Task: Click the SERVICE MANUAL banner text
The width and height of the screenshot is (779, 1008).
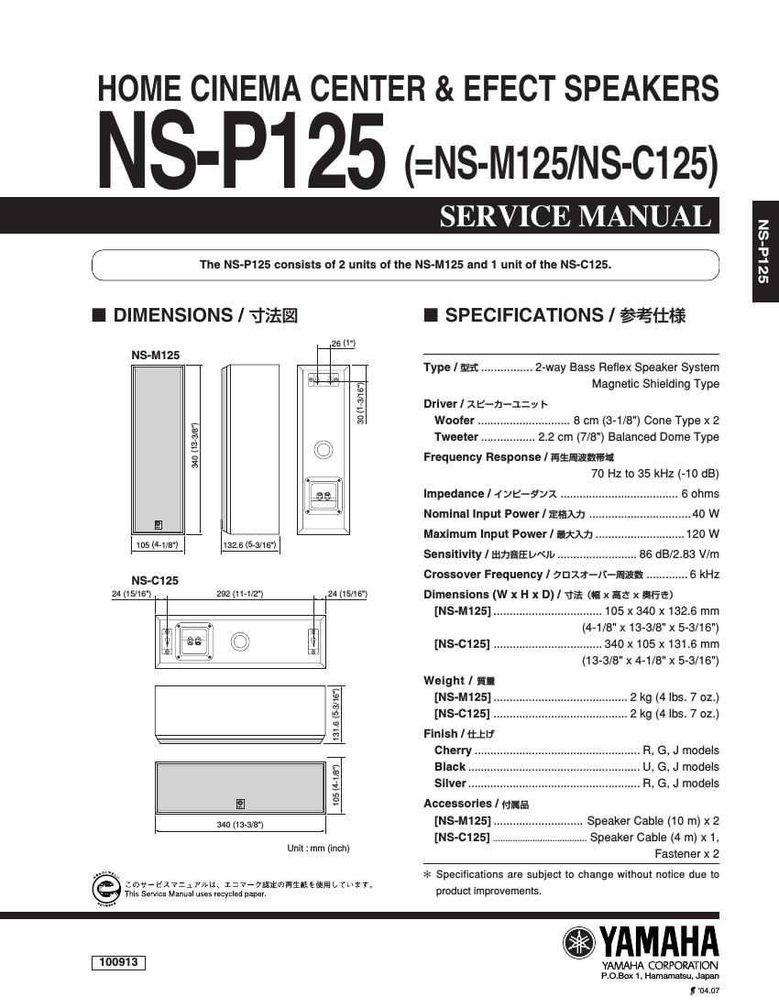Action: [x=575, y=216]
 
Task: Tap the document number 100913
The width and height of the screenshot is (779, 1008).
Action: [x=118, y=962]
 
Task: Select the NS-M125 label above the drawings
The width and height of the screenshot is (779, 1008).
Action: [x=155, y=355]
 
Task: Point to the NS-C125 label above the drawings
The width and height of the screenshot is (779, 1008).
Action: [x=154, y=580]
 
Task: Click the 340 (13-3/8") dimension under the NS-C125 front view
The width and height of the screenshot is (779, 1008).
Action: [x=239, y=825]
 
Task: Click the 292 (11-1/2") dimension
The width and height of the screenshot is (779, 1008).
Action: [x=239, y=594]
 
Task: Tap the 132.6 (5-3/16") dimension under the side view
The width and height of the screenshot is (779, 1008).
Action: [x=248, y=545]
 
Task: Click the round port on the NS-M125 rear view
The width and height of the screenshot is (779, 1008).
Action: [x=323, y=450]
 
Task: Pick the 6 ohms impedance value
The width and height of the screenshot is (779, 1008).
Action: [x=700, y=493]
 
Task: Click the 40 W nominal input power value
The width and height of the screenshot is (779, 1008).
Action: [x=706, y=513]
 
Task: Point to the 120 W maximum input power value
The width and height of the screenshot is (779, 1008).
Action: [x=702, y=533]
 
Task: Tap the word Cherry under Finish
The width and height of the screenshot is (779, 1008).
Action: [x=453, y=751]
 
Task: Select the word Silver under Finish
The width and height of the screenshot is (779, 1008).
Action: [x=450, y=783]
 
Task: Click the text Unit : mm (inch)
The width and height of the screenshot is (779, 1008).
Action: [x=318, y=849]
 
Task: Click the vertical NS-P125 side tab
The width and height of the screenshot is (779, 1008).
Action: [x=763, y=251]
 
